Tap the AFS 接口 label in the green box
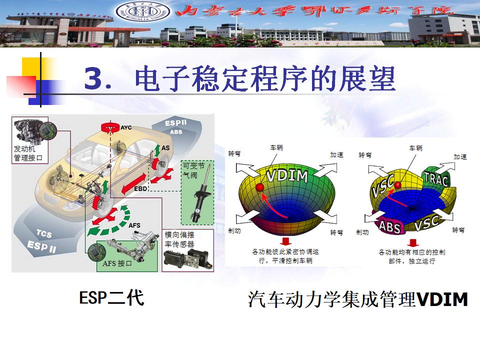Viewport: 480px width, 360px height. pyautogui.click(x=117, y=263)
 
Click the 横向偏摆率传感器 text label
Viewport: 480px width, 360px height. pyautogui.click(x=179, y=239)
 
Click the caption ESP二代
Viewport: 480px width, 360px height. pyautogui.click(x=111, y=298)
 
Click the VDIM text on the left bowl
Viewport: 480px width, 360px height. pyautogui.click(x=286, y=176)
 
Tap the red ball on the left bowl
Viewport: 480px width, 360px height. pyautogui.click(x=259, y=187)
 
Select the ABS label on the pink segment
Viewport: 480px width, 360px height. pyautogui.click(x=389, y=226)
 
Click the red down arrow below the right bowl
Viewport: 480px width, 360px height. pyautogui.click(x=412, y=242)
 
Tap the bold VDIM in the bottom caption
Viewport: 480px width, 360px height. pyautogui.click(x=442, y=299)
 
